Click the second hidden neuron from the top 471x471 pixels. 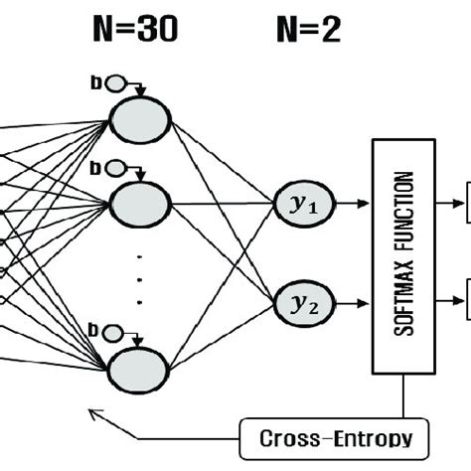point(140,205)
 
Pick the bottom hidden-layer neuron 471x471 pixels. point(140,367)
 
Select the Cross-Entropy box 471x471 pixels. point(326,436)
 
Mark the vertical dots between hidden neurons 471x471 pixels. point(140,282)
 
